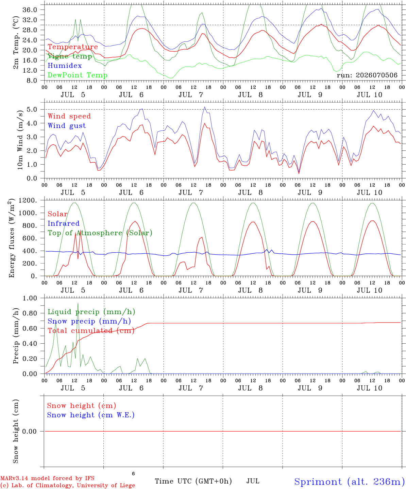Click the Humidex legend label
click(x=65, y=66)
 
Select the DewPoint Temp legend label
click(x=78, y=75)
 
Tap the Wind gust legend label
click(x=67, y=126)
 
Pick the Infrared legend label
click(x=64, y=223)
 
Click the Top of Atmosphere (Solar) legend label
click(x=100, y=233)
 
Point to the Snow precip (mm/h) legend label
click(x=89, y=321)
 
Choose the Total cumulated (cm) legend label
click(x=91, y=331)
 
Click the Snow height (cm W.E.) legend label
click(x=91, y=415)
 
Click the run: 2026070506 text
click(x=367, y=75)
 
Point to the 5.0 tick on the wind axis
click(x=32, y=109)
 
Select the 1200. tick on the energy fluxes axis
click(x=28, y=200)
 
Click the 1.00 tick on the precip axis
click(x=30, y=298)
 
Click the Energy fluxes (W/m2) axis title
click(x=11, y=238)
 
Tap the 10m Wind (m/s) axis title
click(x=20, y=140)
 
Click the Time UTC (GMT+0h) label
click(x=193, y=481)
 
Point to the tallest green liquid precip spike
click(x=78, y=303)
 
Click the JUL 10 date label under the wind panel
click(x=369, y=193)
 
